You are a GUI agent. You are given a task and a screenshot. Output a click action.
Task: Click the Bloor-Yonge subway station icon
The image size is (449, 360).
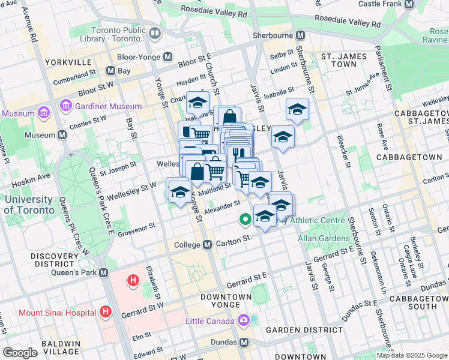[x=167, y=57]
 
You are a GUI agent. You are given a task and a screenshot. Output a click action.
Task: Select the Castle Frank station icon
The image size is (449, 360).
[x=409, y=4]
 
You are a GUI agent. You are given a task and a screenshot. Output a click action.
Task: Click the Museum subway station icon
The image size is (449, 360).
[x=62, y=135]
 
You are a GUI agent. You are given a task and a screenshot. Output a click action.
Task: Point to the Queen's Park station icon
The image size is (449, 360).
[x=104, y=272]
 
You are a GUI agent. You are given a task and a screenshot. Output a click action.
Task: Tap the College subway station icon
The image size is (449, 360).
[x=207, y=245]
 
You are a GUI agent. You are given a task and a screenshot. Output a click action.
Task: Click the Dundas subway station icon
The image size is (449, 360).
[x=244, y=341]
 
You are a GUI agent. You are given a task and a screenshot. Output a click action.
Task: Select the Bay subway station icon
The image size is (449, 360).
[x=110, y=71]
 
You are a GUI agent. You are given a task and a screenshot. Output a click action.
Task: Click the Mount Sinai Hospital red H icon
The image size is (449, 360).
[x=106, y=311]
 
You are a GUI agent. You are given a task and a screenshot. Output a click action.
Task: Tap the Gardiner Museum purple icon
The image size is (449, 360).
[x=64, y=106]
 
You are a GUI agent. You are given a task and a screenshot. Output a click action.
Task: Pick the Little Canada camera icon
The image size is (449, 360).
[x=244, y=320]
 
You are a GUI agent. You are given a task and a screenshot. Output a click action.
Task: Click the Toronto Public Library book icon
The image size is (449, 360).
[x=155, y=32]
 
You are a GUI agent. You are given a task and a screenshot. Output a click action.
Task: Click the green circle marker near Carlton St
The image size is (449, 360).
[x=245, y=220]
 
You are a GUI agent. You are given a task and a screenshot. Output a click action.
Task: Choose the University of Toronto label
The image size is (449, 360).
[x=29, y=205]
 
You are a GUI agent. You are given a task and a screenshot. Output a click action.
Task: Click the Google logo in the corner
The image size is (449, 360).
[x=20, y=352]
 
